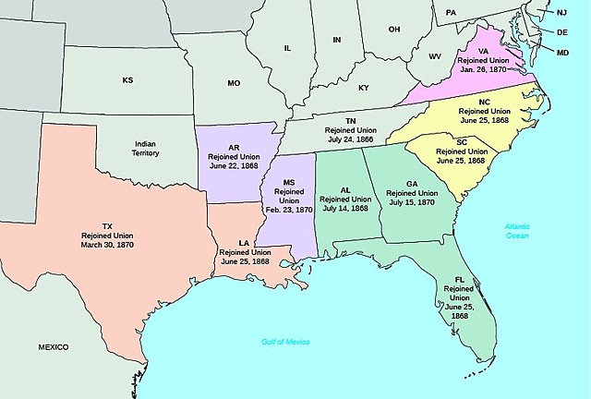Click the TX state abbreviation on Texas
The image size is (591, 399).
[107, 226]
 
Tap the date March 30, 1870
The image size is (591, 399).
[107, 246]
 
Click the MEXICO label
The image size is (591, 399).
[54, 346]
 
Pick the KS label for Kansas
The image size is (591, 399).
[127, 80]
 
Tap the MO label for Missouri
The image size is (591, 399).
[234, 83]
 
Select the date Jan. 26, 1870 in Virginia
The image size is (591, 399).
[500, 69]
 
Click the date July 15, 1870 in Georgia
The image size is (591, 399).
[411, 201]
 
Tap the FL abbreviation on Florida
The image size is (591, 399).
[459, 278]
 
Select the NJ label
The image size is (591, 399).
[561, 12]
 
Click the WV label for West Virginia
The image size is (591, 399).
[435, 57]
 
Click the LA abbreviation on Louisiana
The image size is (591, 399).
[244, 241]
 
